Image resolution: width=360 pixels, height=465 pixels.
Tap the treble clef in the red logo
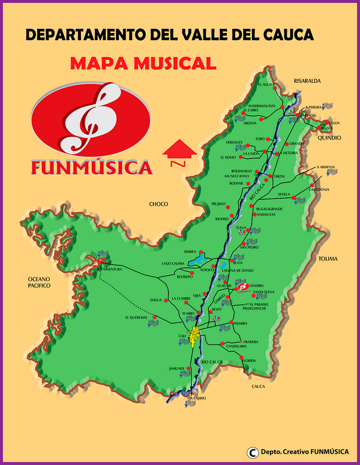click(x=91, y=117)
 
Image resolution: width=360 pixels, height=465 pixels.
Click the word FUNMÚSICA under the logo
click(x=92, y=167)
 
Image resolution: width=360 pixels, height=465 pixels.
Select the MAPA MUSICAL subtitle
click(x=143, y=62)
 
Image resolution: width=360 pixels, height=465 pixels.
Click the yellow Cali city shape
click(x=194, y=337)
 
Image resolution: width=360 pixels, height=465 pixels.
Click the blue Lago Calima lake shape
click(x=198, y=260)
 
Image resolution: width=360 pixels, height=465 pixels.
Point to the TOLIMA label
click(x=328, y=259)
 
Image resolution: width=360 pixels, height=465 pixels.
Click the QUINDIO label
click(x=330, y=137)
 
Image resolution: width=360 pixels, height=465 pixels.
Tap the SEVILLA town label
click(x=284, y=194)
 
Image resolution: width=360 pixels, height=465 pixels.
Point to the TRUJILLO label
click(x=218, y=204)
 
